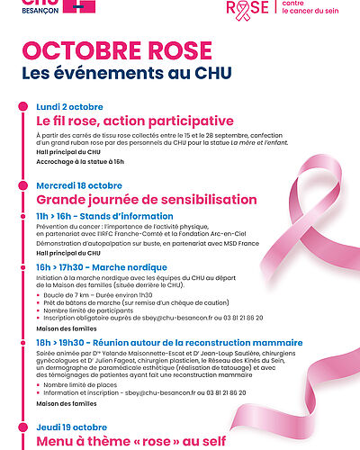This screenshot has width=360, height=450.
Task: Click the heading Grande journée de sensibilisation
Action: (134, 199)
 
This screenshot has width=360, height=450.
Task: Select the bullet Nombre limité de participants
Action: (85, 310)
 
